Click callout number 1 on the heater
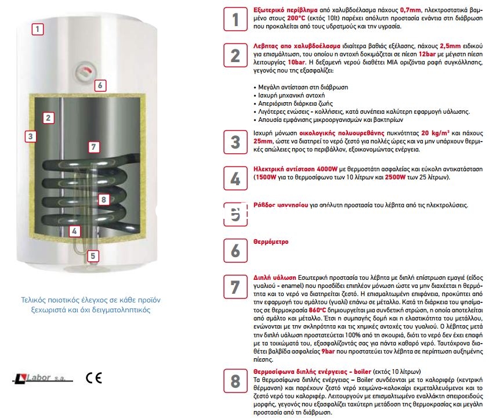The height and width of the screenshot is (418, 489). tap(38, 28)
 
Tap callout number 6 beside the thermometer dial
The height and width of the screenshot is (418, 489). tap(100, 85)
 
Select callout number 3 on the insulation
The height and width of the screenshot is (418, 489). tap(31, 136)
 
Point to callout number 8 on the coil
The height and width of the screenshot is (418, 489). tap(103, 200)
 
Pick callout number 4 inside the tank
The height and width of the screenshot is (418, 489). tap(74, 231)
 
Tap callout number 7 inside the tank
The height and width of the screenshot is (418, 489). tap(95, 147)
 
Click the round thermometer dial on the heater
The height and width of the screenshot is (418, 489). tap(85, 74)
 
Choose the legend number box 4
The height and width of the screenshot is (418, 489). tap(235, 177)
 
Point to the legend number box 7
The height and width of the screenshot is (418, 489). tap(235, 287)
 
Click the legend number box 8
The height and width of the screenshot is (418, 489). tap(235, 381)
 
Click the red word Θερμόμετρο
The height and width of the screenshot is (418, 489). tap(271, 242)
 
